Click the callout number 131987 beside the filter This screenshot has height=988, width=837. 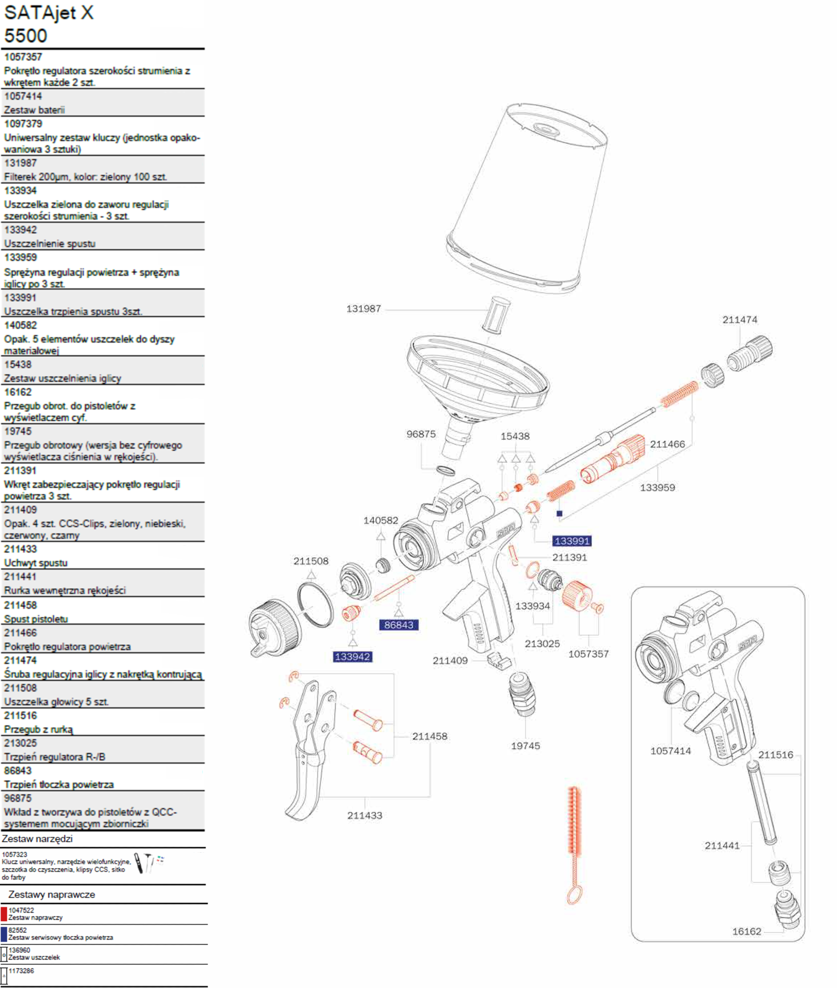(363, 309)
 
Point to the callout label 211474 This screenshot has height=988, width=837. (740, 320)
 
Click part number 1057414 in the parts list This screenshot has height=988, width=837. (23, 96)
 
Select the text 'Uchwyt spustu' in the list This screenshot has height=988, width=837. (36, 563)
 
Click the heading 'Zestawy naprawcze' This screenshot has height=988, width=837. (52, 895)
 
